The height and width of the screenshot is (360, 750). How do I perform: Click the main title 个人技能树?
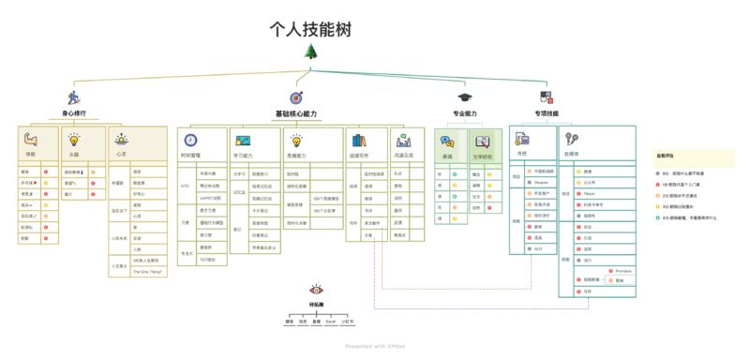point(310,29)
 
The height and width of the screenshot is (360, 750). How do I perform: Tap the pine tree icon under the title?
point(310,52)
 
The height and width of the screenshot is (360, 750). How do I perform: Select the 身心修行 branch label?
point(74,113)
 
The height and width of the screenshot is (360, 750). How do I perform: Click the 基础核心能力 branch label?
point(295,113)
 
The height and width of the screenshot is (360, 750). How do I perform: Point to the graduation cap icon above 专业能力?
point(464,97)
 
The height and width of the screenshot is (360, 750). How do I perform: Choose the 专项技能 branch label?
point(547,113)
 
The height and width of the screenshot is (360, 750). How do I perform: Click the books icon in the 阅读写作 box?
point(357,140)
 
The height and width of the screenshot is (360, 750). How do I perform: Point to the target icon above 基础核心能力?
point(295,97)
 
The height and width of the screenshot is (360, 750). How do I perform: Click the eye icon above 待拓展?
point(317,291)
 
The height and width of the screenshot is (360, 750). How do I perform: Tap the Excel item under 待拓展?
point(331,322)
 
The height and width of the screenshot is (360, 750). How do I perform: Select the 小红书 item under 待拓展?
point(348,322)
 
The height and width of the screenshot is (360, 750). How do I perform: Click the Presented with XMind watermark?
point(374,346)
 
